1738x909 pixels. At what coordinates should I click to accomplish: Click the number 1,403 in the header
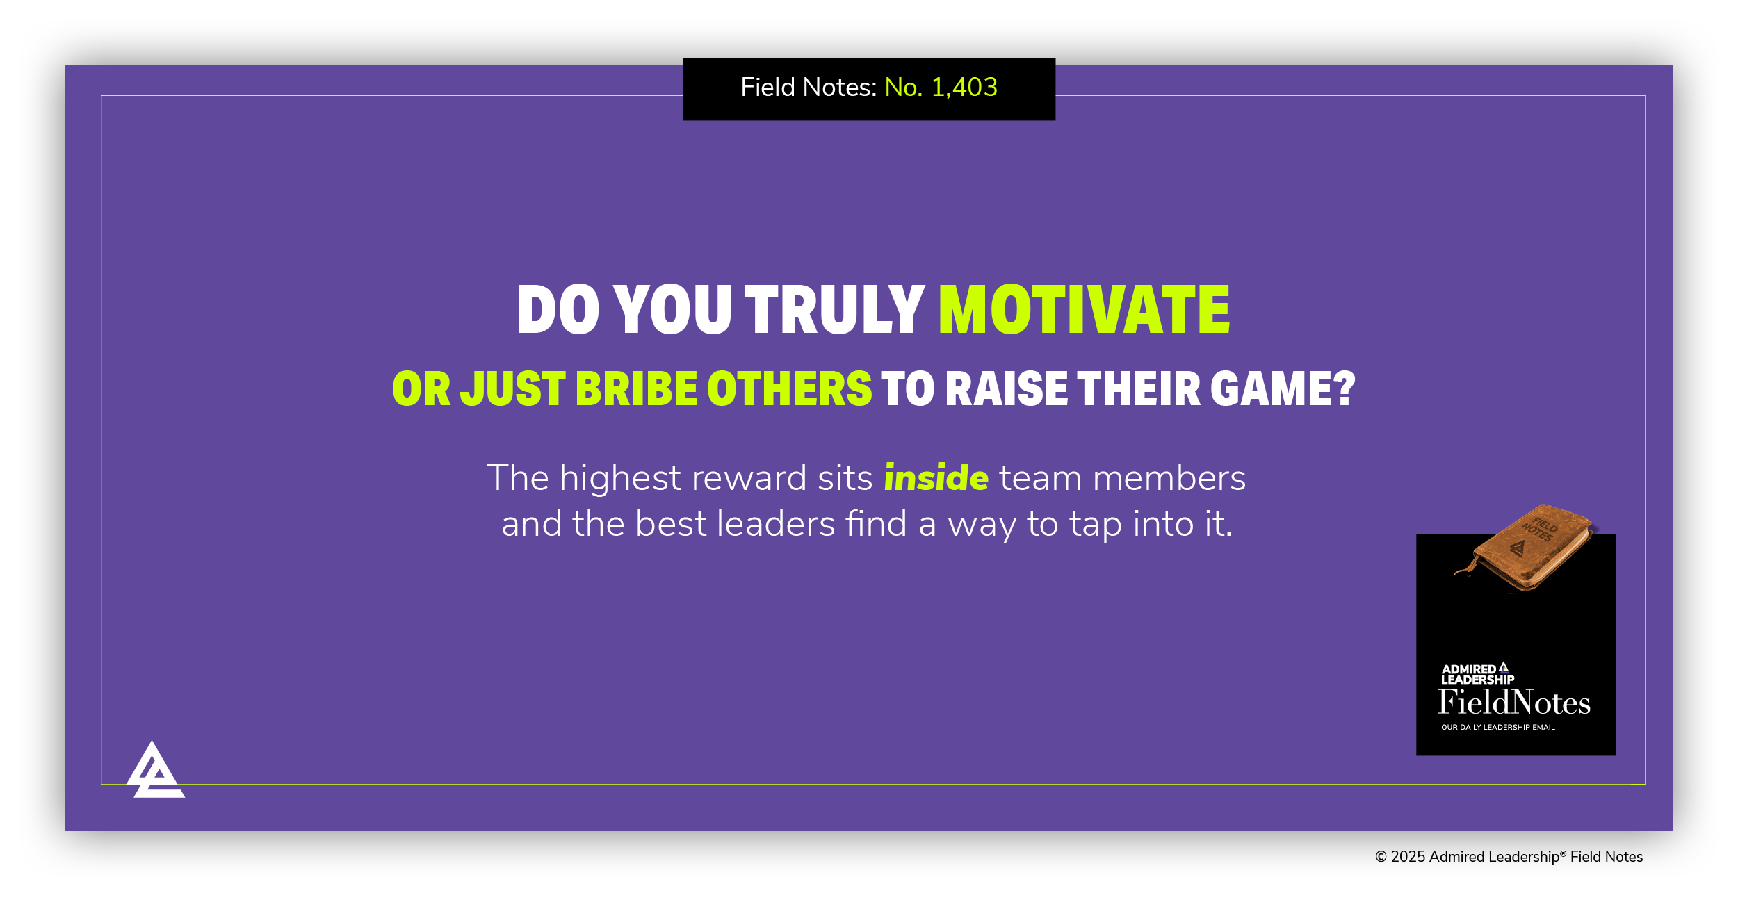pos(964,88)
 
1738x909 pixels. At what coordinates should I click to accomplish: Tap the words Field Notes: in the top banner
pos(809,88)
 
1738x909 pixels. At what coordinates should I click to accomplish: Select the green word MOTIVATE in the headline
pos(1084,310)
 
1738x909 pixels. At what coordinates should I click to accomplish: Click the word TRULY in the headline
pos(834,310)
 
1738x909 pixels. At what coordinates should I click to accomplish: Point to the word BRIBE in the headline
pos(636,388)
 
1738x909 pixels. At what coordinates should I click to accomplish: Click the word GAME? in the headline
pos(1283,388)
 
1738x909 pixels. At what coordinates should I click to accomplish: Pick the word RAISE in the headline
pos(1006,388)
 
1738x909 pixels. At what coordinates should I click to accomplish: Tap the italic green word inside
pos(936,478)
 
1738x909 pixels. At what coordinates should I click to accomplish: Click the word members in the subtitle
pos(1169,478)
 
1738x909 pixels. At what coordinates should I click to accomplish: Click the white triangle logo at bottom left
pos(154,771)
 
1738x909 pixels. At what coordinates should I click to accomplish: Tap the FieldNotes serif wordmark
pos(1514,703)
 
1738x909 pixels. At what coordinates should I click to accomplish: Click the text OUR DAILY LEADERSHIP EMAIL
pos(1497,728)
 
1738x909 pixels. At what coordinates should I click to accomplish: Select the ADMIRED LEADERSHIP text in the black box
pos(1477,674)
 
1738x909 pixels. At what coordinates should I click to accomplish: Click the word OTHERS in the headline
pos(789,388)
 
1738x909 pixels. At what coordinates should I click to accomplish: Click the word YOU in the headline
pos(672,310)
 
